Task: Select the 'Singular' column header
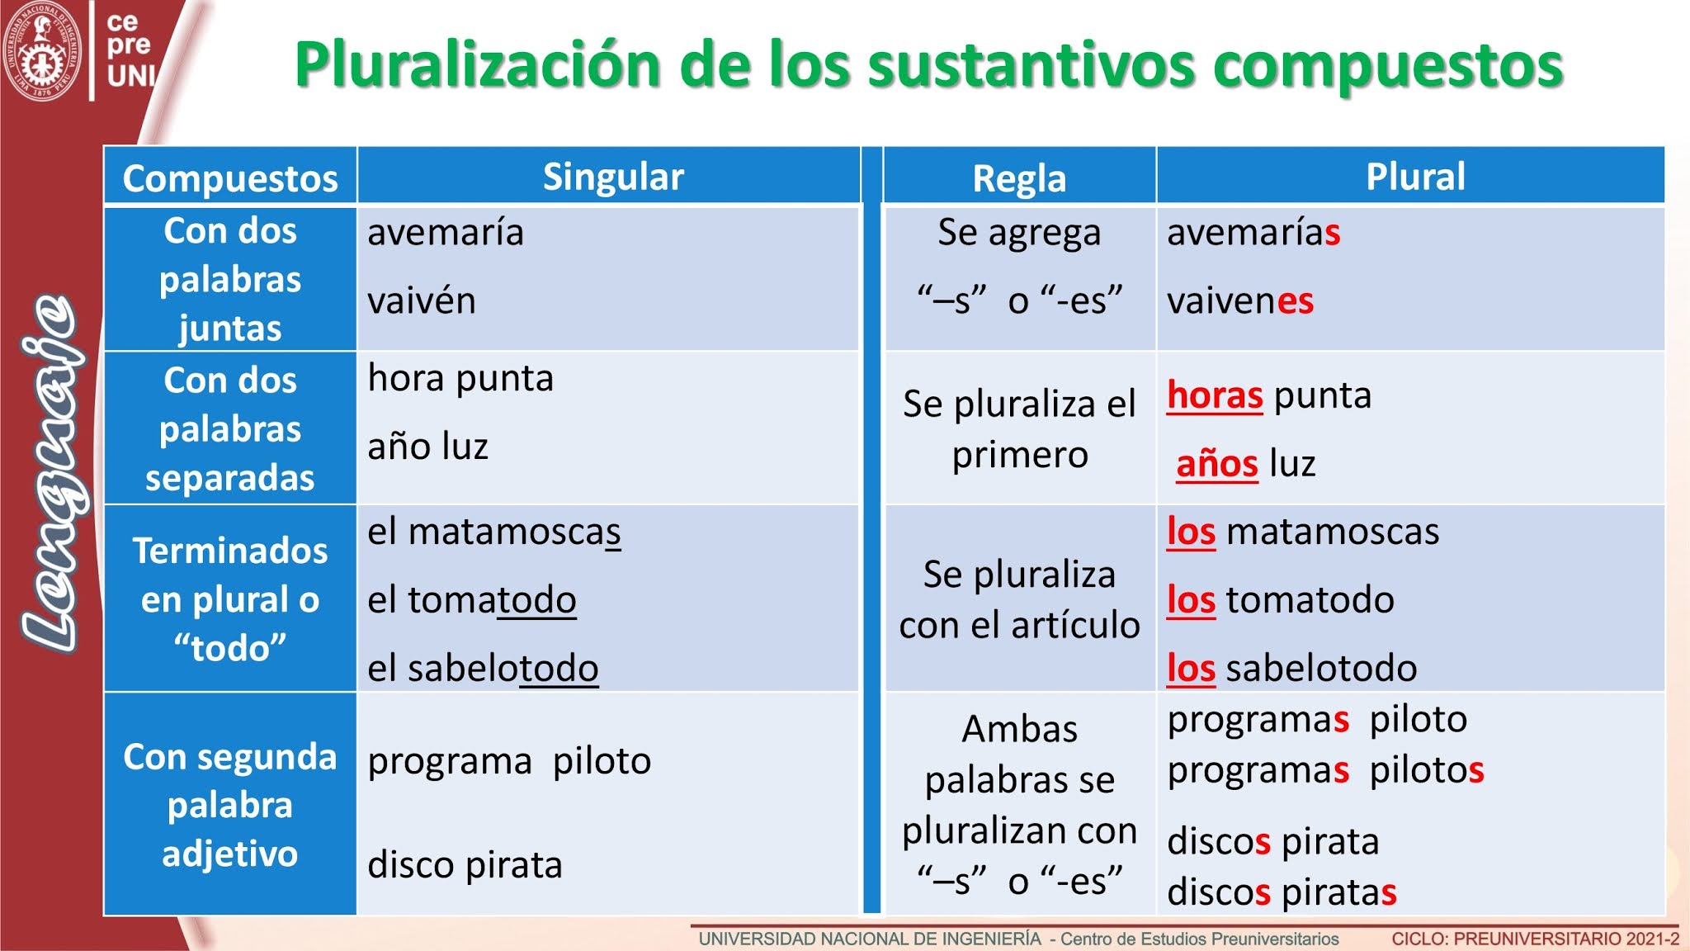(613, 177)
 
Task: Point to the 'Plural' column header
(1415, 177)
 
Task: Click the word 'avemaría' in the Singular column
(446, 233)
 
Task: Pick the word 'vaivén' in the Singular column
(422, 301)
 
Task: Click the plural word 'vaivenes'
(1239, 301)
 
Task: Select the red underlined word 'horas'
(1215, 396)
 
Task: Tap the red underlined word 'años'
(1217, 464)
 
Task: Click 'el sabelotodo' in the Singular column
(483, 669)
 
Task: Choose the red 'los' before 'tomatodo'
(1191, 600)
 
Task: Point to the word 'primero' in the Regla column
(1020, 455)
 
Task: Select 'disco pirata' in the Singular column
(465, 865)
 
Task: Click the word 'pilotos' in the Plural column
(1426, 770)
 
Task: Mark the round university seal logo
(42, 50)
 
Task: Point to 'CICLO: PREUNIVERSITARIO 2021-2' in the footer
(1535, 939)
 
